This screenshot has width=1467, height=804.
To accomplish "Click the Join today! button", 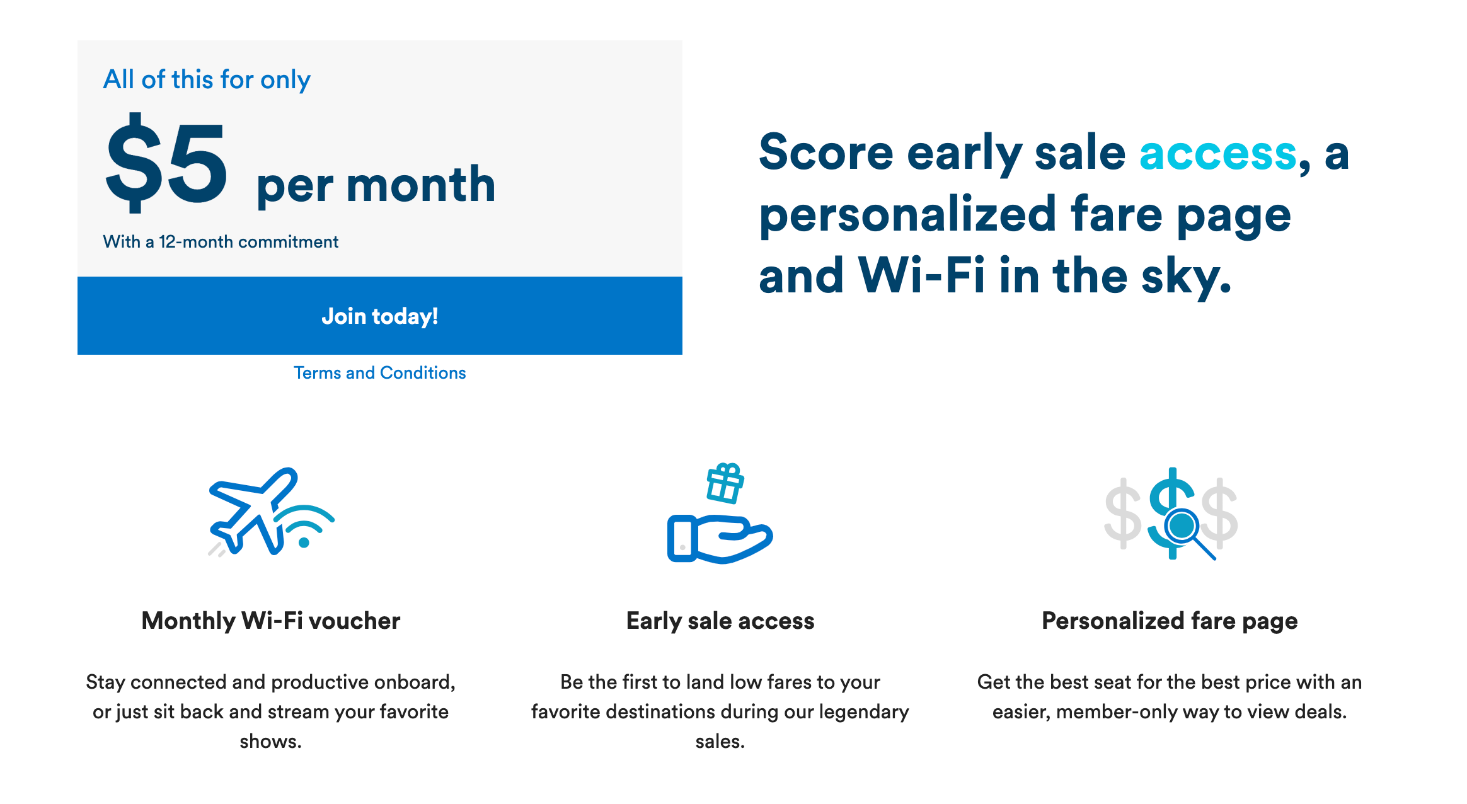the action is (380, 316).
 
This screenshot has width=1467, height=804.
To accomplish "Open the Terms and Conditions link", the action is (380, 373).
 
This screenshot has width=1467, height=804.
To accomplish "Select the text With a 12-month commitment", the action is (221, 242).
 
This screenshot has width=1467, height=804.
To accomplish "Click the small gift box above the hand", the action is (725, 483).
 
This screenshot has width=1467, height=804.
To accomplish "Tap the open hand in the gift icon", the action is (720, 539).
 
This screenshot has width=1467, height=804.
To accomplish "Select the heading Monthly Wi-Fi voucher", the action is (271, 621).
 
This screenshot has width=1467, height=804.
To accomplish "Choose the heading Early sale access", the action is (720, 621).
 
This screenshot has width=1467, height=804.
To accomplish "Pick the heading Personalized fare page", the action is (1170, 621).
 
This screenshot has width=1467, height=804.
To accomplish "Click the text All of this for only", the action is (207, 81).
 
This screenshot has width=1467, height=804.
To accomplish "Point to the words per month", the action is (376, 186).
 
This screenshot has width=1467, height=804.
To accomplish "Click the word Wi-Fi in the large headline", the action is (922, 275).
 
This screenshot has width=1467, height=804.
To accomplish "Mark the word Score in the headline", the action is (826, 153).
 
